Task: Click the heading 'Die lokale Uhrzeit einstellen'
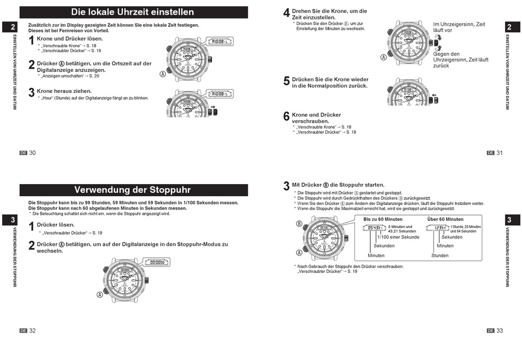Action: pos(132,12)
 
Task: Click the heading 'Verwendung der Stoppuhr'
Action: pos(132,190)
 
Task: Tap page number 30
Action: pos(32,153)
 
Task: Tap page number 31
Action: pos(499,153)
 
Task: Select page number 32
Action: pos(32,331)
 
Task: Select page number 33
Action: pos(499,331)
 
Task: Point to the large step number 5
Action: pos(286,81)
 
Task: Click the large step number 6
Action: pos(286,117)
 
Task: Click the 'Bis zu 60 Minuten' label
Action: pos(382,219)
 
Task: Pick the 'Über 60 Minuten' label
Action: pos(445,219)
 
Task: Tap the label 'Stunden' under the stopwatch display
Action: pos(440,256)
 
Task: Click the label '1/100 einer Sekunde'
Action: pos(398,237)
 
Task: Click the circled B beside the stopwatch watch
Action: pos(299,224)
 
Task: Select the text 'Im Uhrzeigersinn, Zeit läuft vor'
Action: pos(459,27)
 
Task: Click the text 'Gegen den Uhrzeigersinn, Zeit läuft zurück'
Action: pos(460,60)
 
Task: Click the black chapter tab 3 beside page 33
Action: pos(509,220)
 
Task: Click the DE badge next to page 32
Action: pos(23,331)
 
